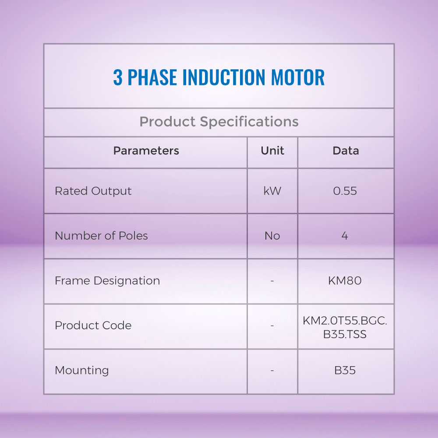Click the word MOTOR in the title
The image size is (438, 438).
[298, 77]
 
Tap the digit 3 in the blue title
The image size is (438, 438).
[118, 77]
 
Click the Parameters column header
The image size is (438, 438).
[146, 151]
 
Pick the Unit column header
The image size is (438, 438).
[272, 151]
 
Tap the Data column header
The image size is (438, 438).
[346, 151]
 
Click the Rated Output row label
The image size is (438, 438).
[93, 191]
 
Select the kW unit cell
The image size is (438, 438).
[272, 191]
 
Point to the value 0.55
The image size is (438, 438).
[345, 191]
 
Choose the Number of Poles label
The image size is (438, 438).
[101, 236]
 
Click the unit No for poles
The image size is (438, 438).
[272, 236]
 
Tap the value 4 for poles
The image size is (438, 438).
[345, 236]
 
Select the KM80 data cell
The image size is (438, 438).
[345, 281]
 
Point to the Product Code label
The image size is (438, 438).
[93, 325]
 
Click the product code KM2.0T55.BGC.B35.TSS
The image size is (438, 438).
[345, 327]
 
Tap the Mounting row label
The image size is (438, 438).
[81, 371]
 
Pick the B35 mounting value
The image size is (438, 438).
[345, 371]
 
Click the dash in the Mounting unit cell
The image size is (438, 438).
[272, 371]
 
